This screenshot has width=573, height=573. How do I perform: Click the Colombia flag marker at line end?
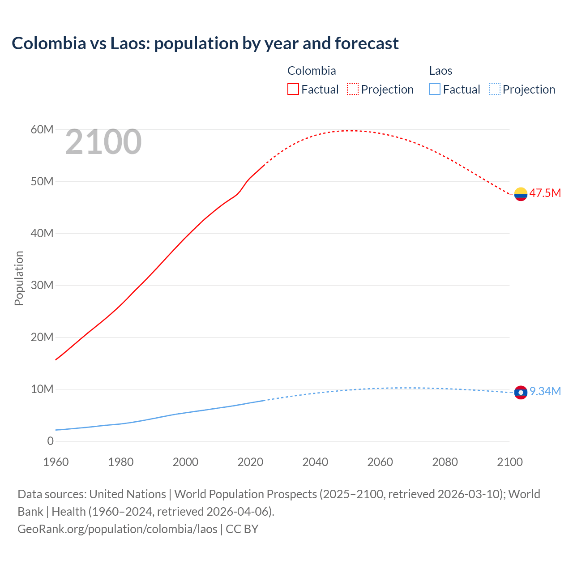click(x=521, y=194)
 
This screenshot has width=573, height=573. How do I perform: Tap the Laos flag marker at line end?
click(x=521, y=393)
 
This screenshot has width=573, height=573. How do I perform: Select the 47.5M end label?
click(x=545, y=193)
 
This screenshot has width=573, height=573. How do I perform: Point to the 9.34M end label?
click(x=545, y=391)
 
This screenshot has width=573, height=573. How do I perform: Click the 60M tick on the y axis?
click(x=42, y=129)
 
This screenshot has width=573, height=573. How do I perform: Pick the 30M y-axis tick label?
click(x=42, y=285)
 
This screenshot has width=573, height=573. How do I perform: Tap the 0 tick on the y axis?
click(x=50, y=441)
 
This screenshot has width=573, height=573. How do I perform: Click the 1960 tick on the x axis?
click(x=56, y=462)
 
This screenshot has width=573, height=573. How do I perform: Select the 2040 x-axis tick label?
click(x=315, y=462)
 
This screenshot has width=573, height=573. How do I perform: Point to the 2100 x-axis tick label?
click(x=509, y=462)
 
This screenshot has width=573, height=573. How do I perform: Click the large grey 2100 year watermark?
click(x=103, y=142)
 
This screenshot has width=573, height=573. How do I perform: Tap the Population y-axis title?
click(x=19, y=278)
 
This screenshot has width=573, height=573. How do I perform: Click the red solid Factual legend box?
click(x=293, y=89)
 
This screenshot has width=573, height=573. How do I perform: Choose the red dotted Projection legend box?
click(x=353, y=89)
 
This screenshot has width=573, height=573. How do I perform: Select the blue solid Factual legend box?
click(x=435, y=89)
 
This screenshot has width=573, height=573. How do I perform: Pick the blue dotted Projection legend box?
click(x=494, y=89)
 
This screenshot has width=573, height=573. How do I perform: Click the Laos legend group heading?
click(x=440, y=71)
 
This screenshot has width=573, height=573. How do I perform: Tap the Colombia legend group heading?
click(x=312, y=71)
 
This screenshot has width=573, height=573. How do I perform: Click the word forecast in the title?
click(x=367, y=43)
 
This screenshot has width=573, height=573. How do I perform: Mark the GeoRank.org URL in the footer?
click(x=117, y=529)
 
